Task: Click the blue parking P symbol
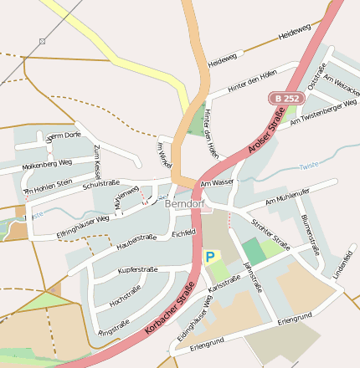209,257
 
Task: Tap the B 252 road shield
285,99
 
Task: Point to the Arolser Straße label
267,133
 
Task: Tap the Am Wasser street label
216,181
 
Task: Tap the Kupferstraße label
138,270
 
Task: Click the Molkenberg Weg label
49,163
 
